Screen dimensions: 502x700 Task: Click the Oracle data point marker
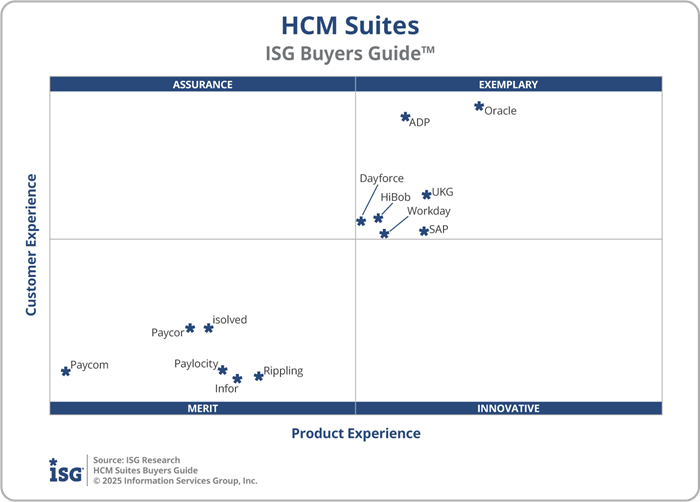pos(479,106)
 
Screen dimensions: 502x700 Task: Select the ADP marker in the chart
pos(405,117)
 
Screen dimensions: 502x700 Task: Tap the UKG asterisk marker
pos(426,194)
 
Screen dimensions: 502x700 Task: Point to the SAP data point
pos(424,231)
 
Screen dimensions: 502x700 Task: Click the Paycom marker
pos(66,370)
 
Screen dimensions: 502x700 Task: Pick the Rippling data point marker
pos(258,376)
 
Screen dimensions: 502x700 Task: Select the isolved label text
pos(229,320)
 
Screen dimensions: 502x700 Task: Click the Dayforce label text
pos(381,179)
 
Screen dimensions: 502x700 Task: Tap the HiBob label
pos(395,197)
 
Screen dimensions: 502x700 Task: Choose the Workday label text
pos(428,211)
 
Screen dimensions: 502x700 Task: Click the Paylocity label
pos(196,364)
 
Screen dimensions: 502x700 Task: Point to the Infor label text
pos(227,389)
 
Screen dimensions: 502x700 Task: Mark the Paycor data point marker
pos(190,328)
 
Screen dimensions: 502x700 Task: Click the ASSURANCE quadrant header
pos(202,85)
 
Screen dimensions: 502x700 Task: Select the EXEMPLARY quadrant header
pos(508,85)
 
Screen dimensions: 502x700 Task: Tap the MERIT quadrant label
pos(202,408)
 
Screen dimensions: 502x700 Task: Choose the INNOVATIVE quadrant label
pos(508,408)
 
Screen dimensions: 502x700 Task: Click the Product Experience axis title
pos(356,434)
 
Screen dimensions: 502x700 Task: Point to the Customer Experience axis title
pos(31,245)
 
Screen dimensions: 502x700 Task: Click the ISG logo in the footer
pos(66,470)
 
